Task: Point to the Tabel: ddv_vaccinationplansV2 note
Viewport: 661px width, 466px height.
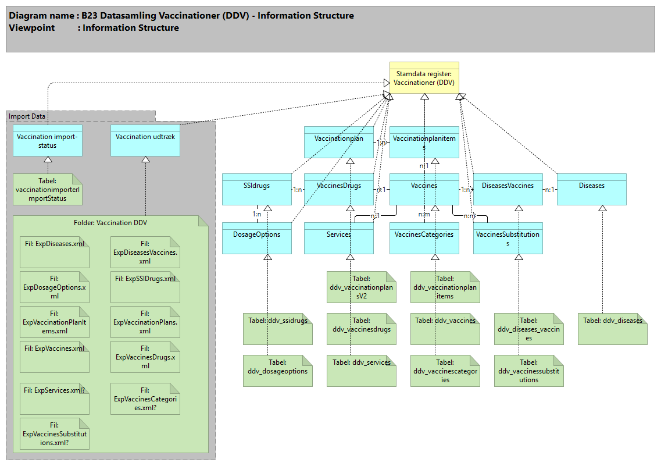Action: pos(361,287)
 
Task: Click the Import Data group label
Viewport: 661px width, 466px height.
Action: pos(27,116)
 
